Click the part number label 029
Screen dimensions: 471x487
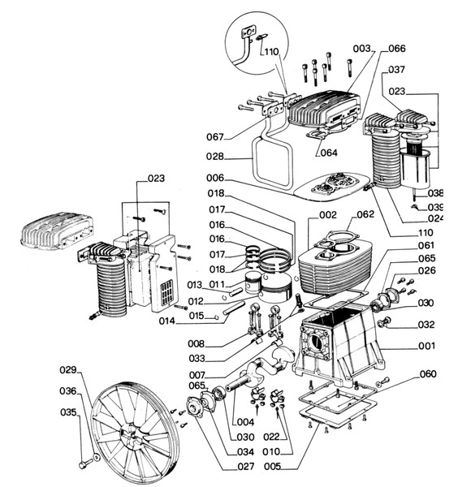click(x=68, y=370)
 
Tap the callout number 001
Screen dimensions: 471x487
click(x=427, y=346)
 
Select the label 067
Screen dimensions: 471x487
click(x=215, y=136)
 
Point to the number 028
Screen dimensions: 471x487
click(x=215, y=156)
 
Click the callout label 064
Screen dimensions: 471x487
click(x=329, y=153)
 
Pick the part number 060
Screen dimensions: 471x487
click(x=428, y=374)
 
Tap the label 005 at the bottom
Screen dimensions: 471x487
click(x=273, y=466)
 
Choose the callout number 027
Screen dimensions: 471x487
click(x=246, y=466)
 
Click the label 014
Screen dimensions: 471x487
click(x=167, y=321)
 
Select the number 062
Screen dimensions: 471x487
click(x=365, y=214)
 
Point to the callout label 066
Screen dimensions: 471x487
click(x=397, y=49)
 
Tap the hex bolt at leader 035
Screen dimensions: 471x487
click(x=84, y=465)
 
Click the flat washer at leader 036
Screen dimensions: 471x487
click(x=97, y=457)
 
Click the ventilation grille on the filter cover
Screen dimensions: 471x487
click(x=166, y=292)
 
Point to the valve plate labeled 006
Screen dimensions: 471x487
click(x=331, y=185)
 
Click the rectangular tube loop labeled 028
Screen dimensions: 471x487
click(x=272, y=162)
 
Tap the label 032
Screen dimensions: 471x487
click(x=426, y=325)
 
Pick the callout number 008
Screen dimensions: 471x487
click(x=197, y=344)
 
